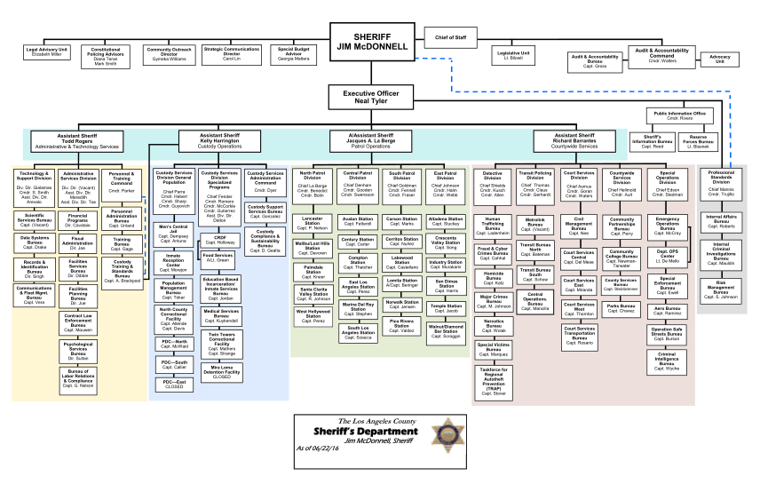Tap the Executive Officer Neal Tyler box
coord(372,97)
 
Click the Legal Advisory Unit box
coord(46,52)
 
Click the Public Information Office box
coord(680,115)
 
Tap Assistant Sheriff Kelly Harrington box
coord(219,140)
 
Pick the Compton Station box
coord(358,262)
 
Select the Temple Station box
coord(446,308)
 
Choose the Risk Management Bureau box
coord(720,290)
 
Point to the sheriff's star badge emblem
coord(443,436)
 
